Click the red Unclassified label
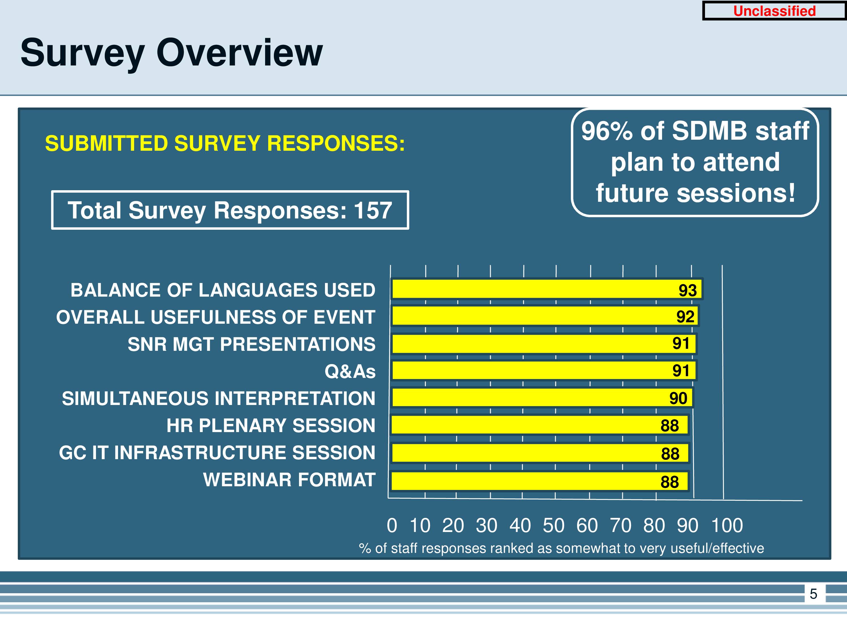click(774, 11)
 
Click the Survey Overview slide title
click(172, 53)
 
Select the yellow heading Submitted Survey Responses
click(225, 144)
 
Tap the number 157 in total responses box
click(373, 210)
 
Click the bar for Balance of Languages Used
click(547, 289)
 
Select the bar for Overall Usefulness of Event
click(545, 316)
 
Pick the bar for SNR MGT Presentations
click(544, 343)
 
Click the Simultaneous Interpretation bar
click(542, 398)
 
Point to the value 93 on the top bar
click(688, 290)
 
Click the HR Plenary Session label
click(271, 425)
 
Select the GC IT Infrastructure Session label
click(217, 452)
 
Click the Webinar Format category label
click(289, 479)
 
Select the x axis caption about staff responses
click(561, 548)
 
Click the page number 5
click(813, 594)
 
